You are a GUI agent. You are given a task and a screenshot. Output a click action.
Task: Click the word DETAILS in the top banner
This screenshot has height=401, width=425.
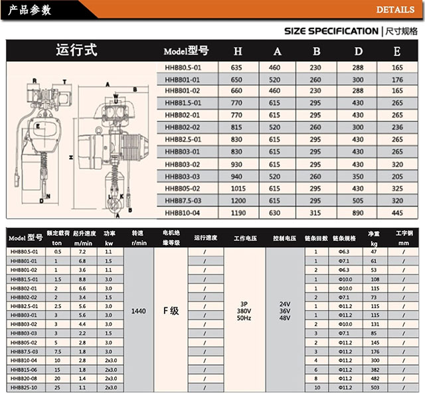click(x=396, y=10)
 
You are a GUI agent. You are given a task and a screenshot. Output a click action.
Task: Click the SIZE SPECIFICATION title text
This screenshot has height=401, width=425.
click(x=331, y=31)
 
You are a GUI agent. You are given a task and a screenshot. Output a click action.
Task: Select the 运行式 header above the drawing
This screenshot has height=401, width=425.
click(x=76, y=50)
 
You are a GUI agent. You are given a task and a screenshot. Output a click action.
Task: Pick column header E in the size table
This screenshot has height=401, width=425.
click(x=397, y=51)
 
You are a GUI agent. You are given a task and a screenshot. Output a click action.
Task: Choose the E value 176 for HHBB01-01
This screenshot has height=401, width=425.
click(x=397, y=78)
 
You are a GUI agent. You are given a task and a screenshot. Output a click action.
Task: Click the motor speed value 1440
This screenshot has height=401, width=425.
click(x=138, y=311)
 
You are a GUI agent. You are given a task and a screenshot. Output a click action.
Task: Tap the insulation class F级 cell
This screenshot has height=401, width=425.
click(x=171, y=311)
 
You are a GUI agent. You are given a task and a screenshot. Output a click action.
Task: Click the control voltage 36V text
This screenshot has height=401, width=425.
click(x=286, y=311)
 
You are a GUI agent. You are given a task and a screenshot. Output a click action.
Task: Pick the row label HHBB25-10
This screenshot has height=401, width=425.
click(x=24, y=387)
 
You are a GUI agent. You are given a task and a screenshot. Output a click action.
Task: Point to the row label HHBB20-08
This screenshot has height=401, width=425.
click(x=24, y=378)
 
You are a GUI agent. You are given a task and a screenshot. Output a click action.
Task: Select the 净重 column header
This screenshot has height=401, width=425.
click(x=373, y=234)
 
